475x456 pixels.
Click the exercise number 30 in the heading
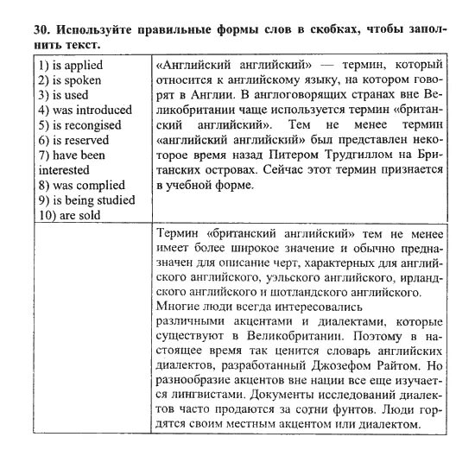(20, 28)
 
